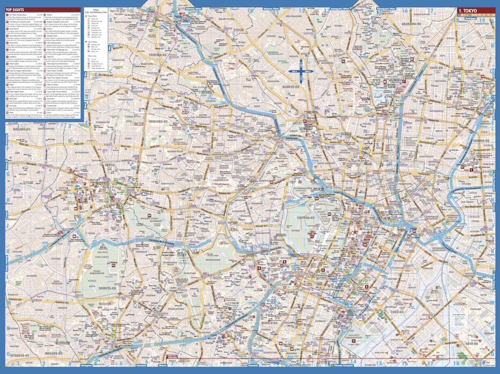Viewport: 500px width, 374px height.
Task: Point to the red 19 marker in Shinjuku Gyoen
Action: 160,215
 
